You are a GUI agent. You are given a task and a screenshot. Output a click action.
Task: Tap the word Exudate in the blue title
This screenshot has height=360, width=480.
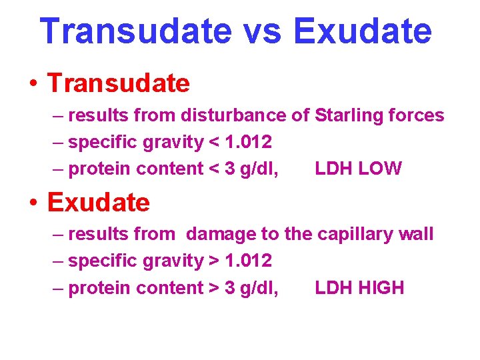pos(362,31)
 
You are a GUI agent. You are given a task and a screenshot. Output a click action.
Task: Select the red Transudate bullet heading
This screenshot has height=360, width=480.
pos(119,83)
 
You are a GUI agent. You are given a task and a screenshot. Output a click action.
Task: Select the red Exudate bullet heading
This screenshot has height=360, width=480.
pos(99,202)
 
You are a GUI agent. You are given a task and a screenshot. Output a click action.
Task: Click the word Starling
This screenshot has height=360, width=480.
pos(347,116)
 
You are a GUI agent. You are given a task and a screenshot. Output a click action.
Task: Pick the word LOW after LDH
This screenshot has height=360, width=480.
pos(380,169)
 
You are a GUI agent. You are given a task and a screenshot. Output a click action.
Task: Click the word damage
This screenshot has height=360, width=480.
pos(217,235)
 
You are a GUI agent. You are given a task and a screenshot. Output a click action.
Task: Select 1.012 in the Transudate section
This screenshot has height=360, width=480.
pos(248,143)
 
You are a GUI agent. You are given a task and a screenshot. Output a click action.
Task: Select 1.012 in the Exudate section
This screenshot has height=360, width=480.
pos(248,261)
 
